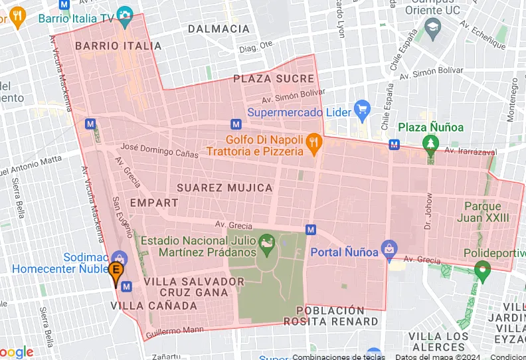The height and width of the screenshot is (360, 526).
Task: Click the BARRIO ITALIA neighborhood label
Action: pos(118,46)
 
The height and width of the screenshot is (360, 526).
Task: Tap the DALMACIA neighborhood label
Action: pos(219,29)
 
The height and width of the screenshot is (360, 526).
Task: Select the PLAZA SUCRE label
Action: pos(274,78)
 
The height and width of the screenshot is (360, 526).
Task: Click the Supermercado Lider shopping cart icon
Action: pos(362,111)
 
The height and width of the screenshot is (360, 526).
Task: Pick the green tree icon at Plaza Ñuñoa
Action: pos(432,143)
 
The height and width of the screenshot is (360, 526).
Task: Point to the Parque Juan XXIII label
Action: pos(487,211)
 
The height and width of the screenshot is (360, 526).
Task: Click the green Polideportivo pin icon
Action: pos(482,270)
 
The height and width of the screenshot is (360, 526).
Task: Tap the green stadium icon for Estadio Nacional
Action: pos(267,244)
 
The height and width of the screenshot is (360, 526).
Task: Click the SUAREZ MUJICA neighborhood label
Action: pos(224,188)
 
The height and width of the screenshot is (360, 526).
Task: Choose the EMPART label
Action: pos(154,203)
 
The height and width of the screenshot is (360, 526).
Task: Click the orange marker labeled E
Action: pos(116,272)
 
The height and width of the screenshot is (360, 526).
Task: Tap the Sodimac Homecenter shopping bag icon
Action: pos(119,258)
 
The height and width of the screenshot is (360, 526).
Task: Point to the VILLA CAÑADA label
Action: pos(154,306)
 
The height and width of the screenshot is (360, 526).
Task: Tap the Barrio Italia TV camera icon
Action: pos(124,15)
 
